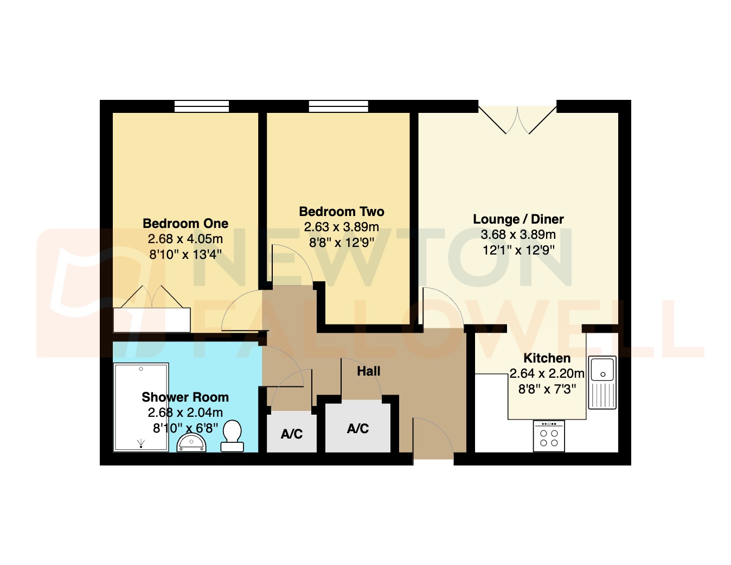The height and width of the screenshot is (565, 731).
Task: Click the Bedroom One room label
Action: (x=185, y=224)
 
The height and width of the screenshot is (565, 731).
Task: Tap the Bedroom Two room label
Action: (x=342, y=212)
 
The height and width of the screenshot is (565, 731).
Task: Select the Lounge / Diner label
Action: (x=518, y=219)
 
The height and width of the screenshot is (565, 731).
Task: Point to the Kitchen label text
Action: (x=547, y=358)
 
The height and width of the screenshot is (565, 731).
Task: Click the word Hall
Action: (x=369, y=371)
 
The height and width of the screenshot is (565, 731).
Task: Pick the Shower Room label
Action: (x=185, y=397)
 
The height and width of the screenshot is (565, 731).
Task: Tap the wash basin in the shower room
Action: (x=191, y=443)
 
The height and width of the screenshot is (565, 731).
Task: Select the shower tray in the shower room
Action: (x=141, y=407)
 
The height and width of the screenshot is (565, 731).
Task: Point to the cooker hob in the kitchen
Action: (x=549, y=437)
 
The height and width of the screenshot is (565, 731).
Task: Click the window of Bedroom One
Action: (x=202, y=106)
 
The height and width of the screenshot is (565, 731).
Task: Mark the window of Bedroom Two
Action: (x=338, y=106)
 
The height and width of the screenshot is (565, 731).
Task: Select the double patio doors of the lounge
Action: (x=517, y=118)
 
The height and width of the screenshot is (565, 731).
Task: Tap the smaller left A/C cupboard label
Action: (x=292, y=434)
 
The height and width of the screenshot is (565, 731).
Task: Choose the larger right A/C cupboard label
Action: (x=358, y=429)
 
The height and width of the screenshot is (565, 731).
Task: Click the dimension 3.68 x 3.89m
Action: (x=518, y=234)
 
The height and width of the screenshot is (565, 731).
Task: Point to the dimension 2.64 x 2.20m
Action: (x=547, y=373)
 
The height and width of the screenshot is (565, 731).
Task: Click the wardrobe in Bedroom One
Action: (x=152, y=319)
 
